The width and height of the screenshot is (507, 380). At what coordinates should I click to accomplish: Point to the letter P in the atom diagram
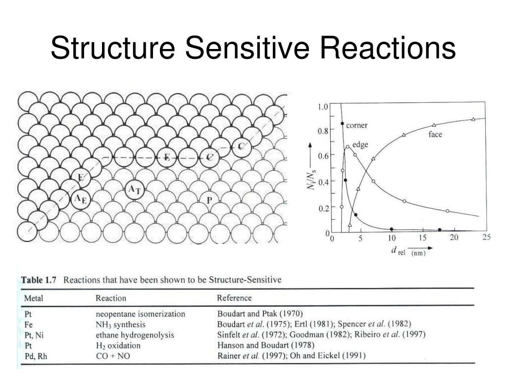click(x=209, y=200)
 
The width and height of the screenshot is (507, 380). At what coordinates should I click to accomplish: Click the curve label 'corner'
click(x=356, y=125)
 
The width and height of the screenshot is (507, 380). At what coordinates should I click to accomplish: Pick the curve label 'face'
click(x=435, y=134)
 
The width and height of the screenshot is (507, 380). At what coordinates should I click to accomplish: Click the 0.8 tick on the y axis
click(x=322, y=132)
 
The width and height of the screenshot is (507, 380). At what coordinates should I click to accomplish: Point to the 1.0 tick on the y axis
click(x=322, y=106)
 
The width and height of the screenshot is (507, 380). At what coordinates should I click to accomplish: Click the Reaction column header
click(x=110, y=298)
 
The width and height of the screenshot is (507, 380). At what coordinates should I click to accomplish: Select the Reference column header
click(x=234, y=298)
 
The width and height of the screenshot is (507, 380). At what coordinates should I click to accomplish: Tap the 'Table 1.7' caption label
click(x=39, y=280)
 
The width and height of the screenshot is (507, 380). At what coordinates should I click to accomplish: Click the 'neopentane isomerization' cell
click(x=140, y=314)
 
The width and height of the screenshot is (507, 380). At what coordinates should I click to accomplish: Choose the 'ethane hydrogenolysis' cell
click(x=135, y=335)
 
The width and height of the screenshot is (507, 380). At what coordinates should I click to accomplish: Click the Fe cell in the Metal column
click(x=28, y=324)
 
